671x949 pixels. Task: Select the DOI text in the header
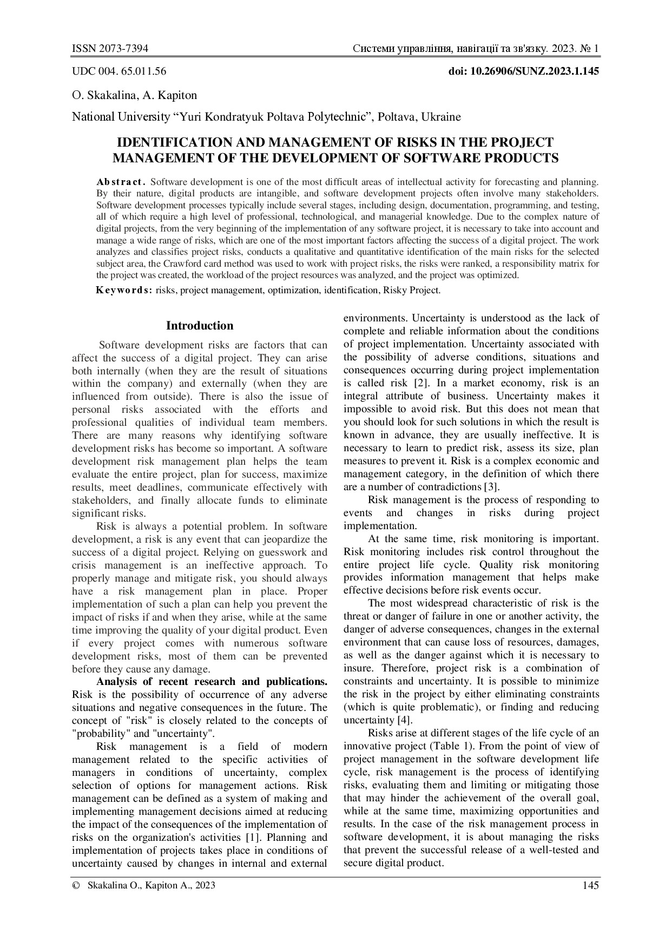pyautogui.click(x=524, y=71)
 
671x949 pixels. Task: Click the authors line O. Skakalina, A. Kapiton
pyautogui.click(x=134, y=95)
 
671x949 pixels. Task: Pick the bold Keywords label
pyautogui.click(x=124, y=290)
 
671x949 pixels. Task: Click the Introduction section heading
pyautogui.click(x=200, y=326)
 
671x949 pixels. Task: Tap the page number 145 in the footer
pyautogui.click(x=590, y=886)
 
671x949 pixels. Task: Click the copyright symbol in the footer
pyautogui.click(x=76, y=886)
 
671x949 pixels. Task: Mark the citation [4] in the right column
pyautogui.click(x=406, y=720)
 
